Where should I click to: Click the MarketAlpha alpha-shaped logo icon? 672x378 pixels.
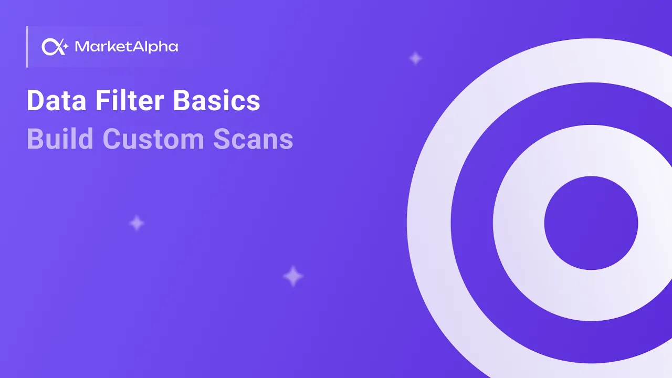(55, 47)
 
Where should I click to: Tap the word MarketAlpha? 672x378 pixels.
(127, 47)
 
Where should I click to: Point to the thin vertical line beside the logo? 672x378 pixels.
(27, 47)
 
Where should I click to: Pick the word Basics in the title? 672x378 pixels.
(216, 101)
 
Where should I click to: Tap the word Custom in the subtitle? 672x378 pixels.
(153, 139)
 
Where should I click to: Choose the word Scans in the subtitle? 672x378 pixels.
(253, 139)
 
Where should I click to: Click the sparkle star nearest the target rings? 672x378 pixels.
(416, 58)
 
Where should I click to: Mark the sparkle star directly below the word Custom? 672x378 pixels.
(136, 223)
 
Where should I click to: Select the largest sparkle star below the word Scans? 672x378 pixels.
(293, 276)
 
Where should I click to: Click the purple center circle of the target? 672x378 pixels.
(591, 223)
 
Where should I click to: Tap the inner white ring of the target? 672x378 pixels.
(519, 223)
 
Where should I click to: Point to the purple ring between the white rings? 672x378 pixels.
(471, 223)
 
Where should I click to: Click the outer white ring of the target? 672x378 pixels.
(428, 223)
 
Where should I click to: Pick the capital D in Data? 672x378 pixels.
(35, 101)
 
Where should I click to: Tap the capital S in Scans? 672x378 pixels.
(222, 139)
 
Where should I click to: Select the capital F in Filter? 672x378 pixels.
(102, 101)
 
